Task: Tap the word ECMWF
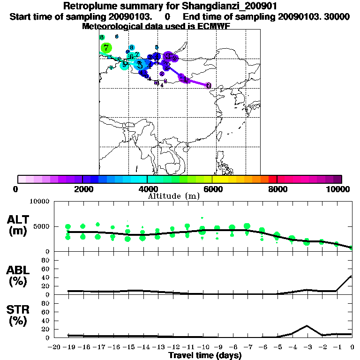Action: click(x=214, y=26)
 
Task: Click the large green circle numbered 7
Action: click(x=106, y=48)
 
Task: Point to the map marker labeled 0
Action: click(x=209, y=85)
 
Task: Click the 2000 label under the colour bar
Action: click(x=82, y=189)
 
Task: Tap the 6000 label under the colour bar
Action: click(x=212, y=189)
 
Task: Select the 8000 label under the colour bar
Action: click(x=277, y=189)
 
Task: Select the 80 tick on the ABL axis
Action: click(x=46, y=260)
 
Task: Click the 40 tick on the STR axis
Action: click(x=46, y=320)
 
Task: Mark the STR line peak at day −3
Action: click(x=307, y=326)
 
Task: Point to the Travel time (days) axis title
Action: click(x=205, y=355)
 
